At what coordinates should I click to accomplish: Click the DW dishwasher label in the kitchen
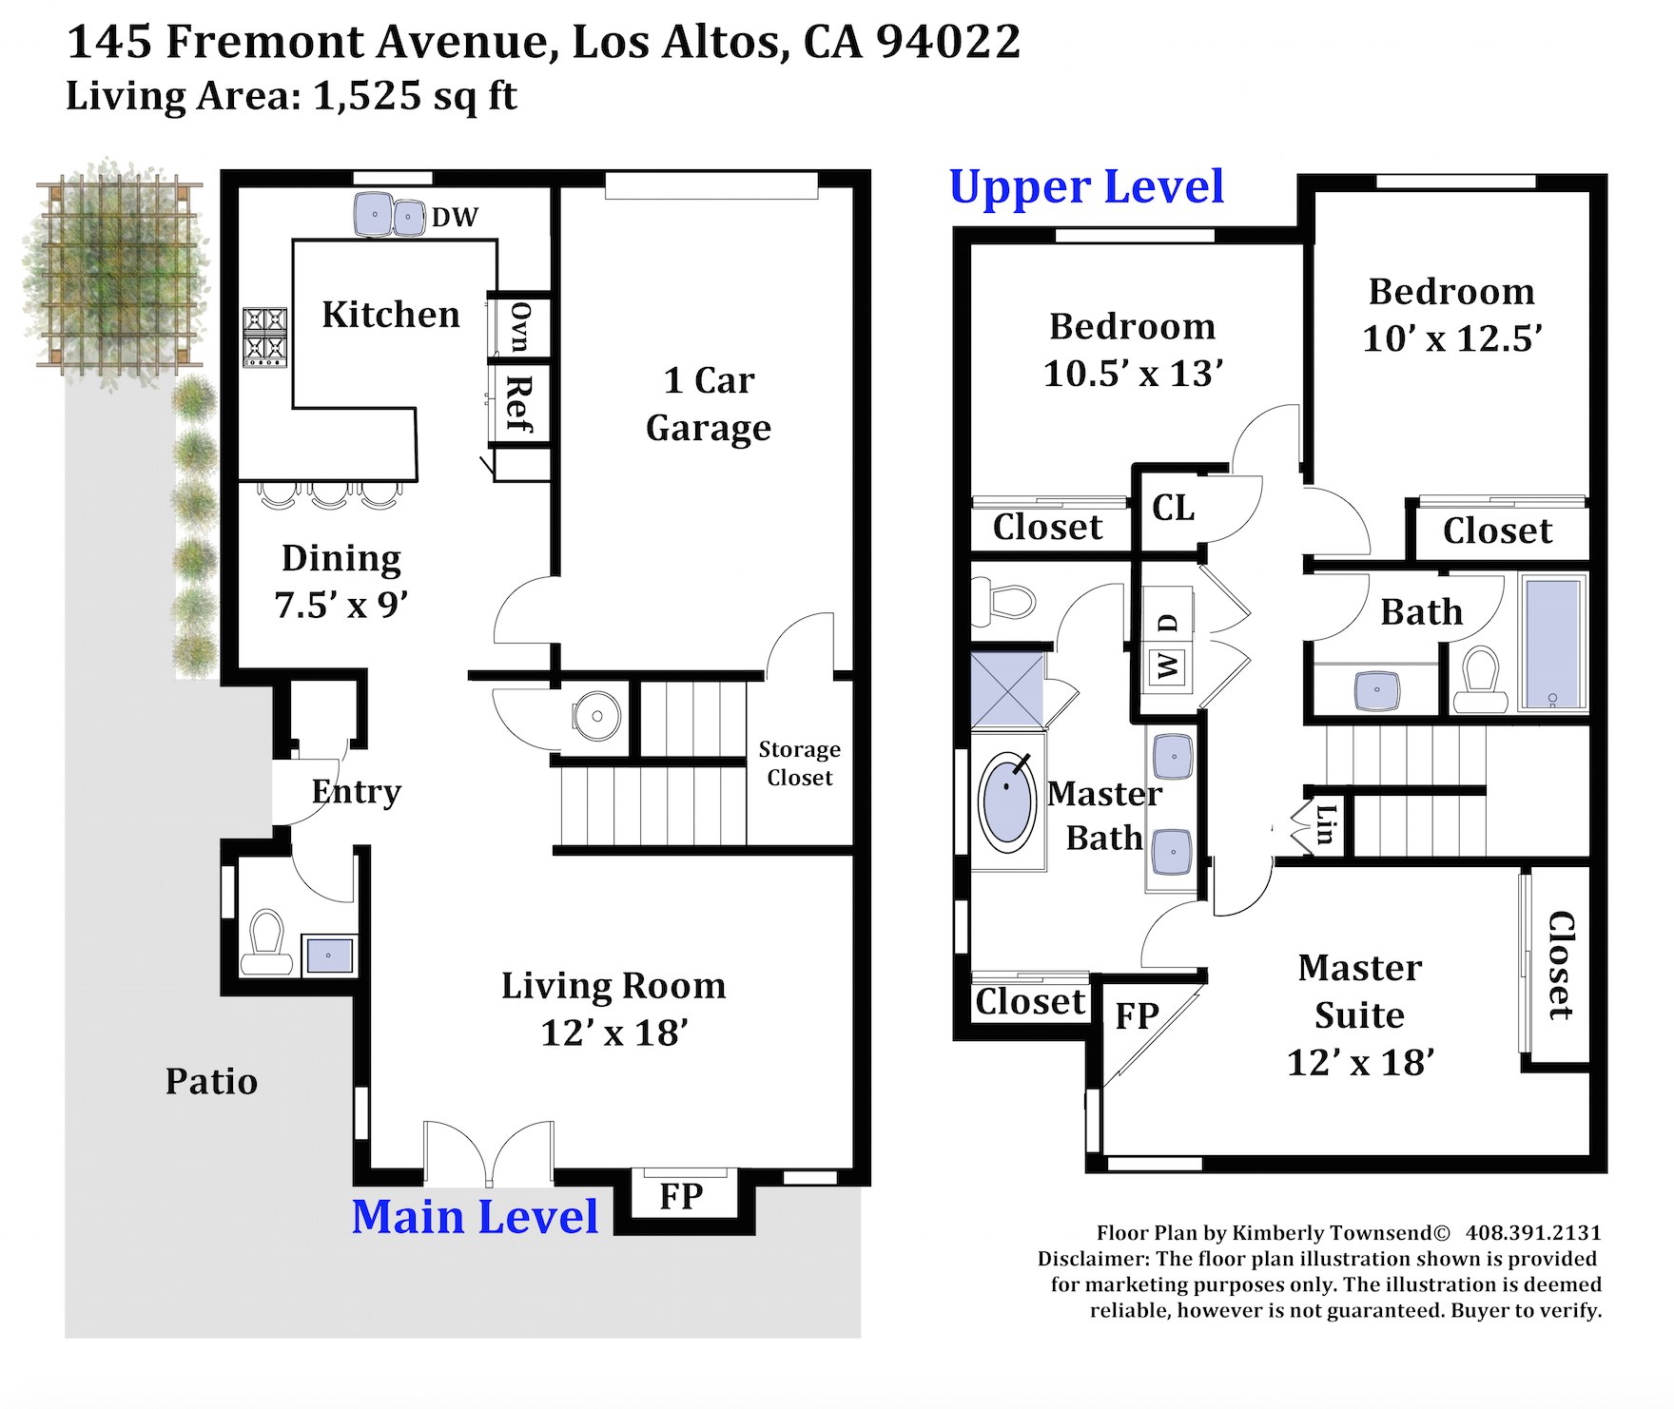(x=455, y=218)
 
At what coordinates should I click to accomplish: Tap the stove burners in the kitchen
(x=265, y=338)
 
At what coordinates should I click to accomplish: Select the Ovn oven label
(x=519, y=327)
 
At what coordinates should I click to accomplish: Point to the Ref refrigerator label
(x=519, y=404)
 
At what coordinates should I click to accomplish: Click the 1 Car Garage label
(x=709, y=405)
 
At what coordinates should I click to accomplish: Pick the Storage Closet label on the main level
(x=800, y=763)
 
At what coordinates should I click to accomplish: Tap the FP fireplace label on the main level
(x=681, y=1197)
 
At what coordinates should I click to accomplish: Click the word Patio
(x=211, y=1082)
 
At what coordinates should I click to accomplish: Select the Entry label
(x=357, y=792)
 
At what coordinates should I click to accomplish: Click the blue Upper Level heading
(x=1086, y=187)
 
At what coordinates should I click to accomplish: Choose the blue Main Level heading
(x=475, y=1217)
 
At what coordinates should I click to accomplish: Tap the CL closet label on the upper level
(x=1174, y=508)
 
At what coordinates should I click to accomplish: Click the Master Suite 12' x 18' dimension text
(x=1360, y=1063)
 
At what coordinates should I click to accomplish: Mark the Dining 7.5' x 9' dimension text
(x=341, y=605)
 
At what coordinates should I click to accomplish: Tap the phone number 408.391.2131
(x=1533, y=1233)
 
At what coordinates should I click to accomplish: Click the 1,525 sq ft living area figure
(x=416, y=96)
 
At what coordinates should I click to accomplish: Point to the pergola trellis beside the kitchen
(x=119, y=274)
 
